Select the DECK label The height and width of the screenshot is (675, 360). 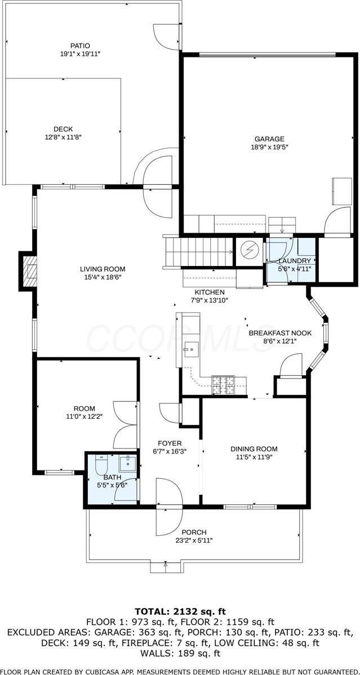coord(63,128)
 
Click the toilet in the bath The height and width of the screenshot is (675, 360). coord(100,466)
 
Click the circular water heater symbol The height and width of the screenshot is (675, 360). coord(250,250)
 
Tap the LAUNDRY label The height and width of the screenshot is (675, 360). coord(294,261)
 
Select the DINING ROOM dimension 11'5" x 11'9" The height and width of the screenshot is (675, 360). coord(254,458)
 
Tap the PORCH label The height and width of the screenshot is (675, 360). coord(193,532)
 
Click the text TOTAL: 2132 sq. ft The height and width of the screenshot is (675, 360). coord(180,611)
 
